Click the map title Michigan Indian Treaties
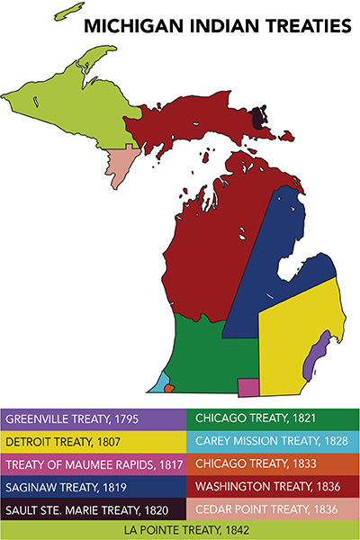coord(216,26)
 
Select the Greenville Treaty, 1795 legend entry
coord(93,419)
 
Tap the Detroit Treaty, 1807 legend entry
coord(93,442)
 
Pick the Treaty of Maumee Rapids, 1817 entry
coord(93,465)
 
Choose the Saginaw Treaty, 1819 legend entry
coord(93,488)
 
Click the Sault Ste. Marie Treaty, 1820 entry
coord(93,511)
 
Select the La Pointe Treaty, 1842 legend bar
coord(180,531)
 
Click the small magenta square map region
coord(247,387)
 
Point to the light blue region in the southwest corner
coord(157,383)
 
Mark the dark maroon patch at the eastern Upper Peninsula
coord(259,118)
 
